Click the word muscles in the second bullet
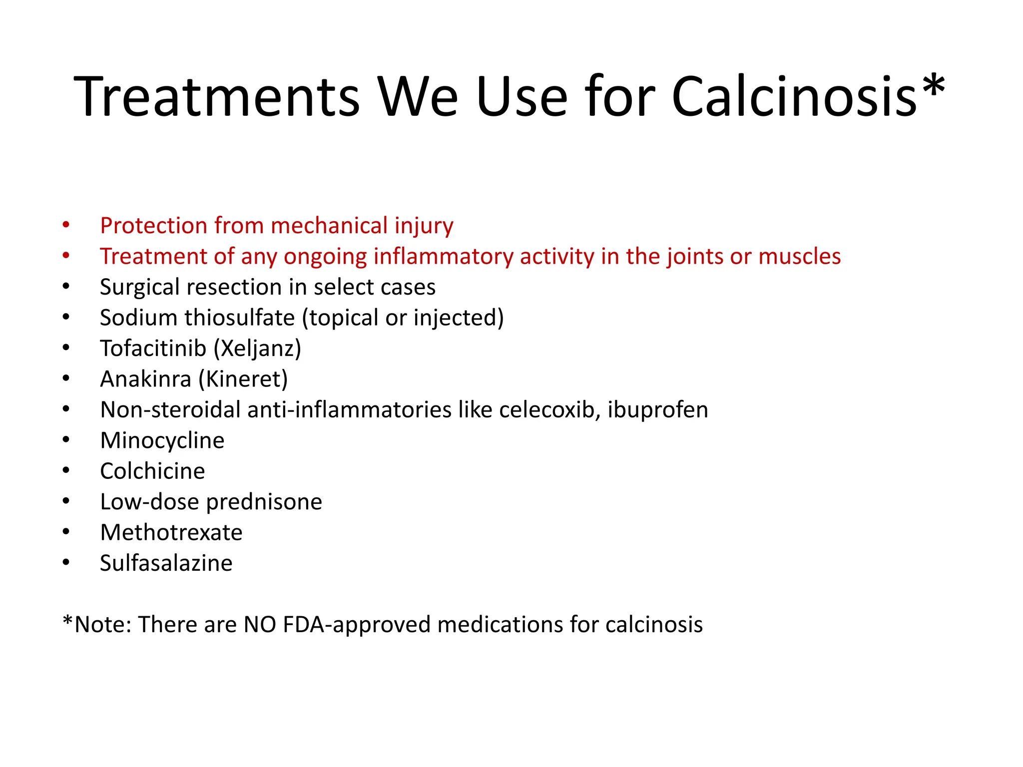800,257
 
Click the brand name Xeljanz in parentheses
257,349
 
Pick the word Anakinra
145,380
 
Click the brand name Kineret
243,380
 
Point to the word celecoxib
549,410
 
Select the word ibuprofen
658,410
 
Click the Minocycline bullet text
162,441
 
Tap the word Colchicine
152,471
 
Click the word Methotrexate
171,533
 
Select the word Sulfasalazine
166,563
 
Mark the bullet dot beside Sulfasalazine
66,563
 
